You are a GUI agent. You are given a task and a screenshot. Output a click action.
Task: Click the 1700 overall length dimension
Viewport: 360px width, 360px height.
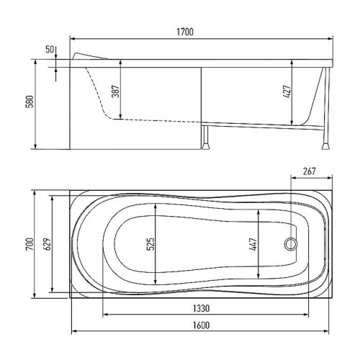point(185,32)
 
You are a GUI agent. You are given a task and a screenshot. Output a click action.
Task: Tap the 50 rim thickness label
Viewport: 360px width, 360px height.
point(50,50)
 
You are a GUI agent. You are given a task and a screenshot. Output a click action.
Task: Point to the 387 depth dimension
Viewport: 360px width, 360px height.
point(117,91)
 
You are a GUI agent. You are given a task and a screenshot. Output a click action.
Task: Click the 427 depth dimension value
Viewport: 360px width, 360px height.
point(287,91)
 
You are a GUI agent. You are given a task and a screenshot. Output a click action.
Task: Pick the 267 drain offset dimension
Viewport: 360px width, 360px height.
point(309,171)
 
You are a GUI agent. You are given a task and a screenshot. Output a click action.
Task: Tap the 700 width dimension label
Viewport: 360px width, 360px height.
point(30,244)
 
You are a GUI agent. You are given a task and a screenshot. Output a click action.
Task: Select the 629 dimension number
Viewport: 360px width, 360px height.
point(48,244)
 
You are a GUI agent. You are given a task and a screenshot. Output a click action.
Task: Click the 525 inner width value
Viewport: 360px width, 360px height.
point(150,244)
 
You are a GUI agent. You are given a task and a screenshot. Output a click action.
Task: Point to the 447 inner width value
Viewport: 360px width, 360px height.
point(253,245)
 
